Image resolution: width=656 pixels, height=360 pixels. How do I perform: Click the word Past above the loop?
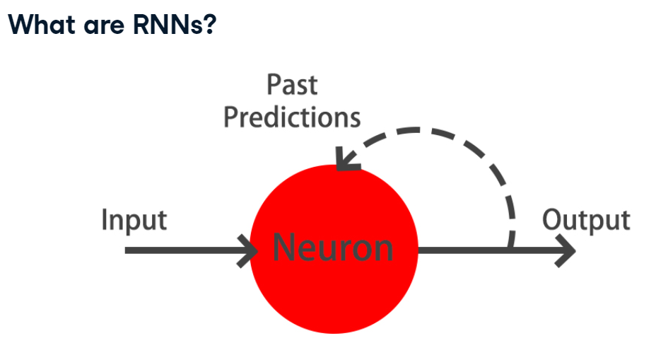[292, 86]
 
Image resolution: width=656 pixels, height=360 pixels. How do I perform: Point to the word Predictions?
[292, 117]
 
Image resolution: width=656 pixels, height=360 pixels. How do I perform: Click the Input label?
[134, 219]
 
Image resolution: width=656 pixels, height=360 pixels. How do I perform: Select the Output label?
[585, 220]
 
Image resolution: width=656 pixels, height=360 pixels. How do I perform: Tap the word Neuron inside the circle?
[332, 247]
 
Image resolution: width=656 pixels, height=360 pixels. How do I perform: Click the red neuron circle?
[332, 297]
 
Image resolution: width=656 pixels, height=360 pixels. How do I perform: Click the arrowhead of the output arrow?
[566, 250]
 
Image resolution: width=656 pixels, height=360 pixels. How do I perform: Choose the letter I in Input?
[105, 219]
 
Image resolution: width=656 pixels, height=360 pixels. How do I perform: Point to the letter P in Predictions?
[230, 117]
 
